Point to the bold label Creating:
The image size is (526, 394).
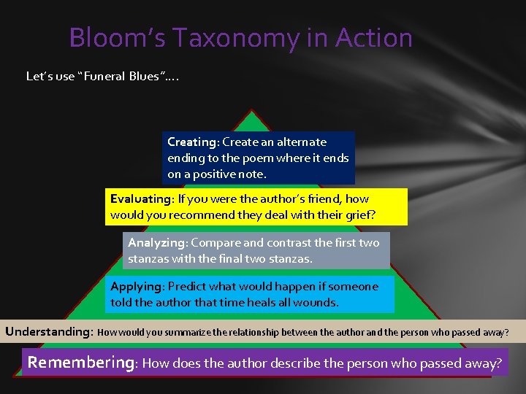click(193, 142)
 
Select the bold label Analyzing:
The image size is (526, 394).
click(157, 242)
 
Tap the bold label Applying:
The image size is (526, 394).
click(137, 287)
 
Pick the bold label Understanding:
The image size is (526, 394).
click(49, 332)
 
